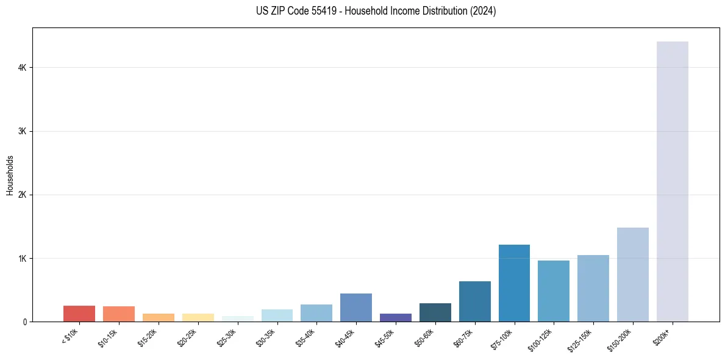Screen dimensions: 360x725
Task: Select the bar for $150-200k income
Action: [632, 275]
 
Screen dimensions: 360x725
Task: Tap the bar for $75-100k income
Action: [514, 283]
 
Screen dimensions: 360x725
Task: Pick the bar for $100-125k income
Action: [554, 291]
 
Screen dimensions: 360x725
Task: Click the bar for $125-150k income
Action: [593, 288]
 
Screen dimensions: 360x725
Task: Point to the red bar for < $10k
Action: [79, 314]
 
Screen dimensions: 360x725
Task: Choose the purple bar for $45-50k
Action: [396, 317]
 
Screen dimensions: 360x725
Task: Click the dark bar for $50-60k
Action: [435, 312]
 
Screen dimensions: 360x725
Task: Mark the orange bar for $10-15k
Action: [119, 314]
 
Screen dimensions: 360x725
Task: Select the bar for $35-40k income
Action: [316, 313]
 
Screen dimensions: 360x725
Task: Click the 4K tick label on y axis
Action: [22, 68]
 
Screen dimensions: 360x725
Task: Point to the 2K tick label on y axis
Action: [22, 195]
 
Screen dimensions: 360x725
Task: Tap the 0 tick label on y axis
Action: [24, 322]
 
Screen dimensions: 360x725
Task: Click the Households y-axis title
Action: [10, 175]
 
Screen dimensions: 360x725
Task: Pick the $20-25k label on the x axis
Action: [188, 337]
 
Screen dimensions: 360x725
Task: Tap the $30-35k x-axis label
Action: [267, 337]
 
